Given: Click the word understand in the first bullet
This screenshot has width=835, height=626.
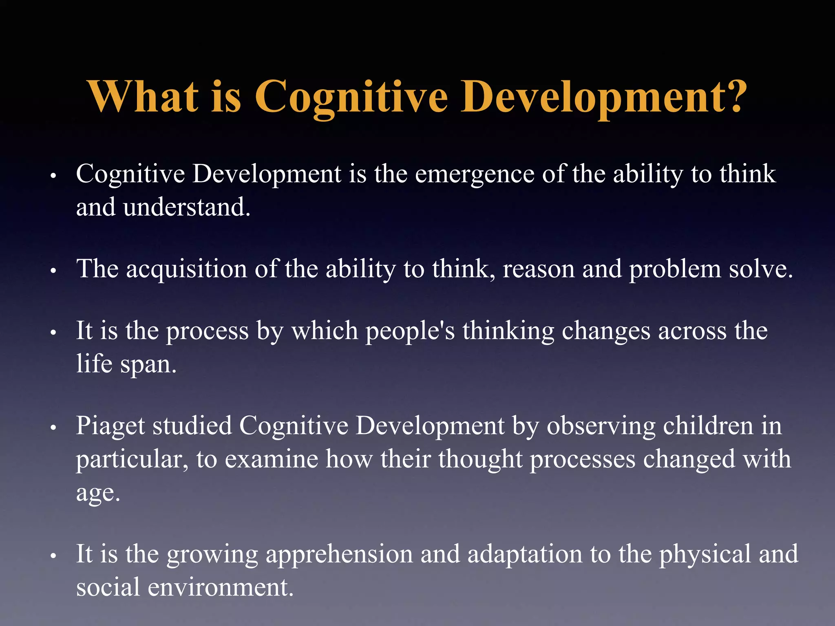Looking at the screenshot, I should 186,207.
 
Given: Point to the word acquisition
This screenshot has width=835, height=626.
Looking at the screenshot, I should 186,270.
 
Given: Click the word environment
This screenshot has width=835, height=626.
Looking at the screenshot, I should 220,588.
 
